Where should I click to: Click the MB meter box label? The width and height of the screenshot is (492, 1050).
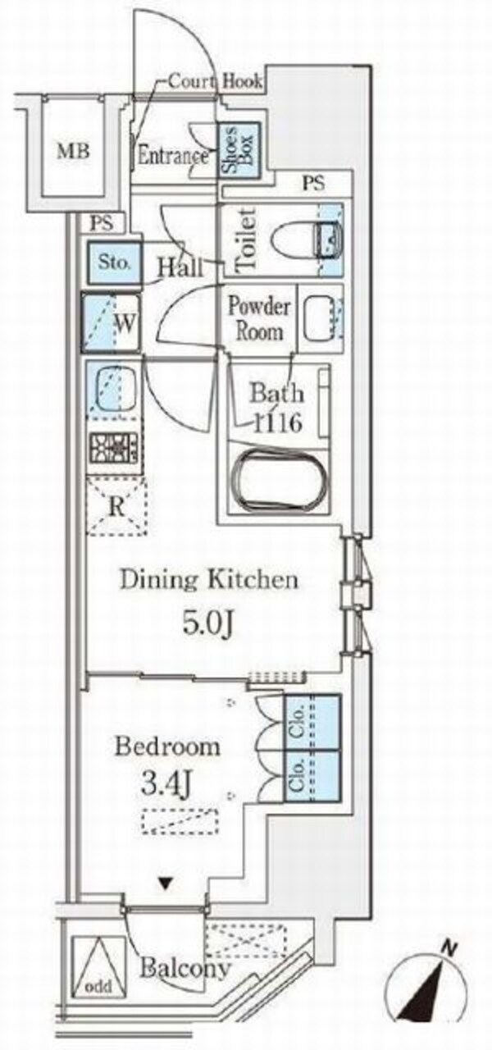pyautogui.click(x=74, y=152)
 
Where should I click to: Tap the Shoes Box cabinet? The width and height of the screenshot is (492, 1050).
pyautogui.click(x=239, y=149)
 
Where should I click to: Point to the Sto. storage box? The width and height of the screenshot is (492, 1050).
pyautogui.click(x=113, y=262)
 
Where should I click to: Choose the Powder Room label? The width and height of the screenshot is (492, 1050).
pyautogui.click(x=258, y=319)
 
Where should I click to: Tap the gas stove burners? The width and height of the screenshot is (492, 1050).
pyautogui.click(x=113, y=449)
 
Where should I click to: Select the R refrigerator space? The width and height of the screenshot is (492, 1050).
pyautogui.click(x=116, y=506)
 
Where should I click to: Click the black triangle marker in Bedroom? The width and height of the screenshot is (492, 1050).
pyautogui.click(x=163, y=884)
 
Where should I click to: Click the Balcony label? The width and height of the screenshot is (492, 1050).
pyautogui.click(x=185, y=966)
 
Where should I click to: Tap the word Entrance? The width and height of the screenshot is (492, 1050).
pyautogui.click(x=173, y=156)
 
